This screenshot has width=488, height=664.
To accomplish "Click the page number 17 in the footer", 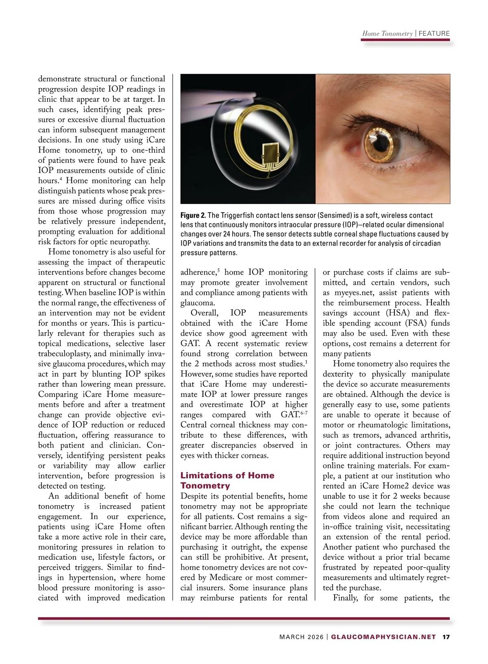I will click(446, 637).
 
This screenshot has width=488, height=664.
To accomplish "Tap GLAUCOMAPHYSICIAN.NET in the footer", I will click(383, 637).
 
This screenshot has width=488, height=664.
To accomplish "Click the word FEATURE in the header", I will click(434, 33).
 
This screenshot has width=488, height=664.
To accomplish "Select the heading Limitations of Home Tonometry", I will click(227, 480).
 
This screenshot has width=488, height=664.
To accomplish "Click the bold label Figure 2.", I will click(193, 215).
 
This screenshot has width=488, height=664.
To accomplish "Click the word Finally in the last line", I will click(345, 598).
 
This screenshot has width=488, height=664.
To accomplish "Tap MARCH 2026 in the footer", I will click(301, 637).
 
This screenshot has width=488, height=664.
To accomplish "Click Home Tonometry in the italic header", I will click(387, 33).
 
